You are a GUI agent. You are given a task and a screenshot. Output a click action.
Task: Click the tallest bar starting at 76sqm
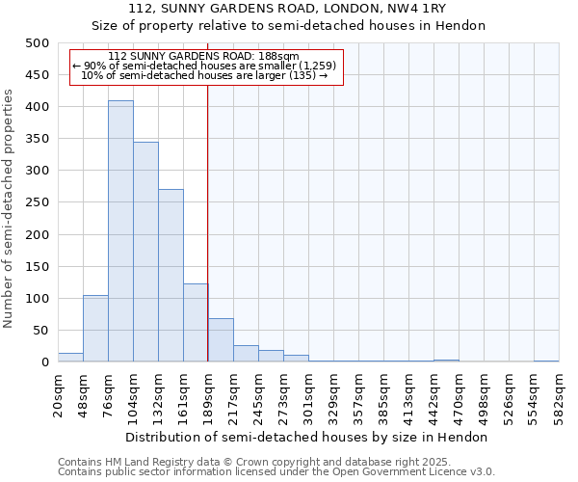(x=120, y=231)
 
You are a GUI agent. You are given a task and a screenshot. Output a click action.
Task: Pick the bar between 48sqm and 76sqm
(x=95, y=329)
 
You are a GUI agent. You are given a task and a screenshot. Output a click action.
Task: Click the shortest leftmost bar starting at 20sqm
(x=70, y=357)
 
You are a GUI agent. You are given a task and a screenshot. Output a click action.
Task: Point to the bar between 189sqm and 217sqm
(x=221, y=340)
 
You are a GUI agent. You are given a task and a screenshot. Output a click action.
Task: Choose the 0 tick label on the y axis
(x=44, y=362)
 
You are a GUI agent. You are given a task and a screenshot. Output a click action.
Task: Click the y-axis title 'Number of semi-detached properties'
(x=10, y=207)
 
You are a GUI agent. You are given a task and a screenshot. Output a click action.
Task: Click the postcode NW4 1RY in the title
(x=421, y=9)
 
